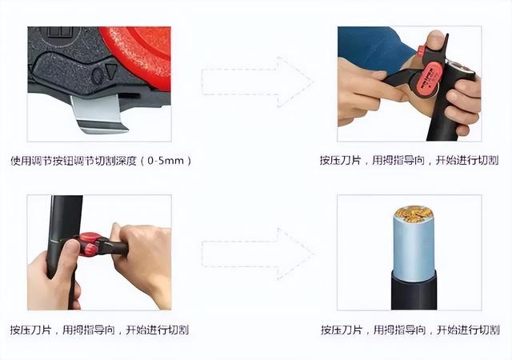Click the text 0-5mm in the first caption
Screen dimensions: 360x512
[166, 161]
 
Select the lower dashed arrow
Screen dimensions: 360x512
[255, 254]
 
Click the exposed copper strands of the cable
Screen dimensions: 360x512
[413, 215]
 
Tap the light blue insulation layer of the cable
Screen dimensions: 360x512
[413, 248]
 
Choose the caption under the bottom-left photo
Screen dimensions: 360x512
[99, 330]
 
